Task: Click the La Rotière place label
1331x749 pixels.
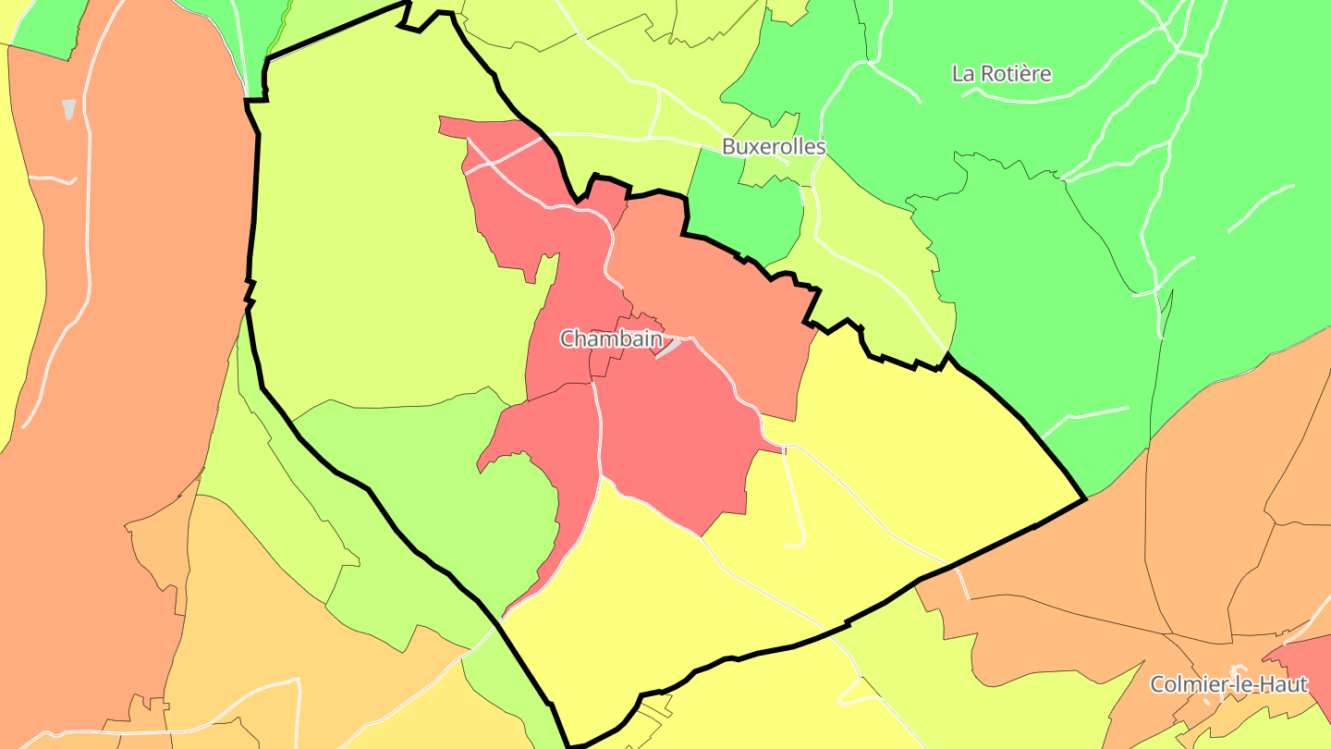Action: [x=1002, y=74]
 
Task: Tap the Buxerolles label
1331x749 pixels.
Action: [x=774, y=146]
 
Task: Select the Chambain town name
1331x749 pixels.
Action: [x=611, y=339]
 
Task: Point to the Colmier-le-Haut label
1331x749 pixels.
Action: [x=1228, y=685]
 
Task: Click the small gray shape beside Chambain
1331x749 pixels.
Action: [x=668, y=348]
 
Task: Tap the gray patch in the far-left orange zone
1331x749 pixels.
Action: [x=69, y=109]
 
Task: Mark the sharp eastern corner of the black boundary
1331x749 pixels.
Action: [x=1084, y=499]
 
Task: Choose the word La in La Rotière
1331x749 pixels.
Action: [x=963, y=74]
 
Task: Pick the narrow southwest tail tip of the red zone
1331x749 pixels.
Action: [x=505, y=616]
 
